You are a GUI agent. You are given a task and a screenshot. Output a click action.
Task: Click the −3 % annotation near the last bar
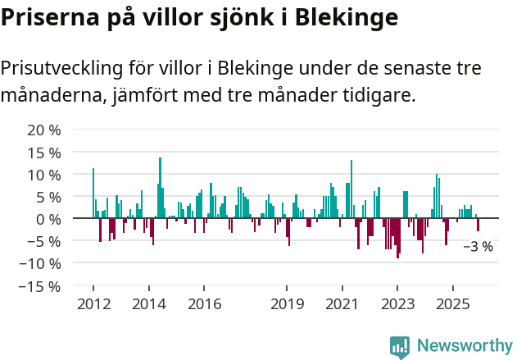[478, 246]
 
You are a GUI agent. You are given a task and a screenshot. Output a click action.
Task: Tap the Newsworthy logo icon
[400, 347]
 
